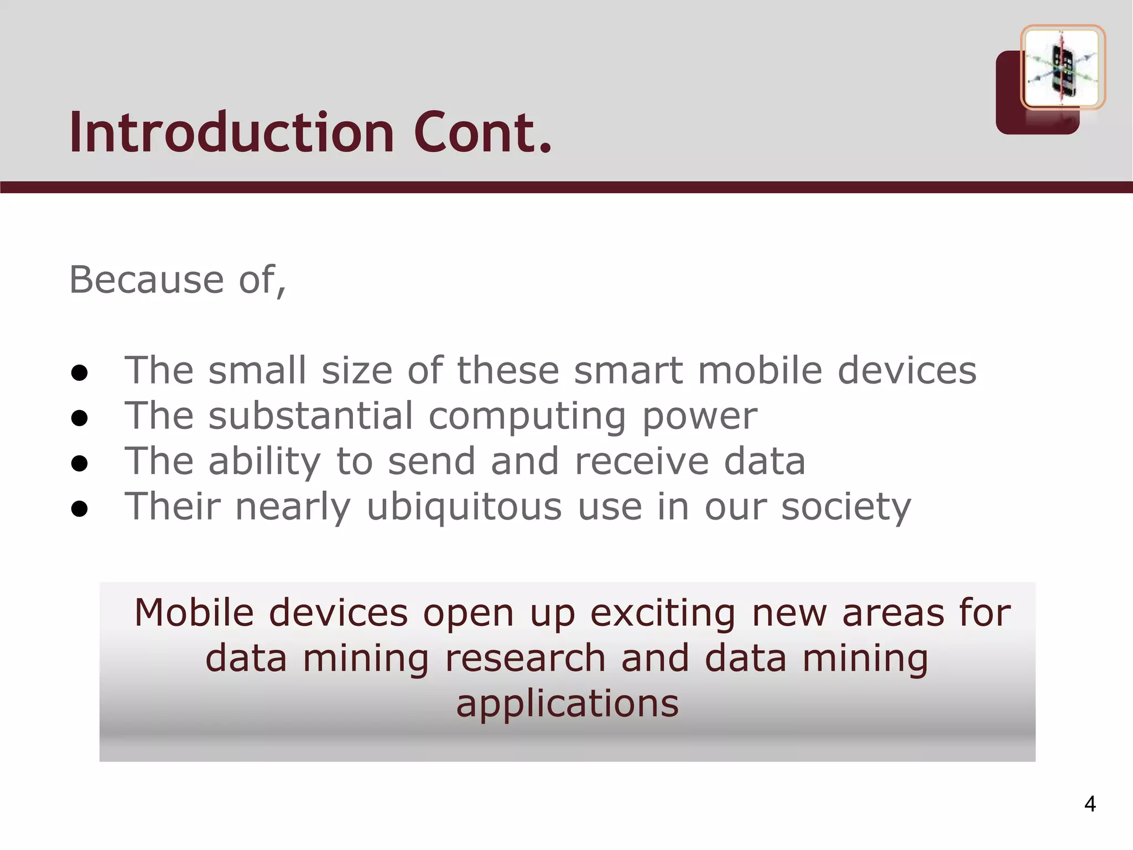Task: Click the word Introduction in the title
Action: (232, 133)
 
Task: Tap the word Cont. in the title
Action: (482, 133)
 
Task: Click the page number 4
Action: (1090, 804)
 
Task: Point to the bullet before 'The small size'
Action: (80, 373)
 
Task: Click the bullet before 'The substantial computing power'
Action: (80, 418)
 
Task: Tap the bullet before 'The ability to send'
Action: (80, 464)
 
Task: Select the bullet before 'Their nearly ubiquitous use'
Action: (80, 509)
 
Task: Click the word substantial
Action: (310, 416)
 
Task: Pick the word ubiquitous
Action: (464, 507)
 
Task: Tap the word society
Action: (845, 507)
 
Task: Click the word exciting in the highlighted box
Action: (663, 614)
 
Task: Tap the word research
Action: (525, 659)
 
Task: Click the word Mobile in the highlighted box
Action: (194, 613)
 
